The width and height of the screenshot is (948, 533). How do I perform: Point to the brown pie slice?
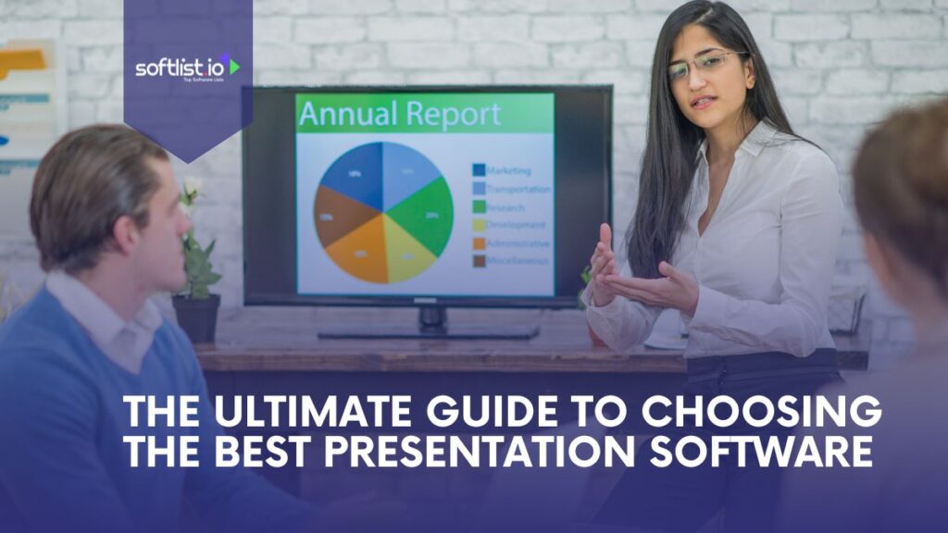click(335, 216)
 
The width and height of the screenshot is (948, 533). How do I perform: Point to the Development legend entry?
click(515, 225)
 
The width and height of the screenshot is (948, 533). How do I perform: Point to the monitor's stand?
click(430, 322)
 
